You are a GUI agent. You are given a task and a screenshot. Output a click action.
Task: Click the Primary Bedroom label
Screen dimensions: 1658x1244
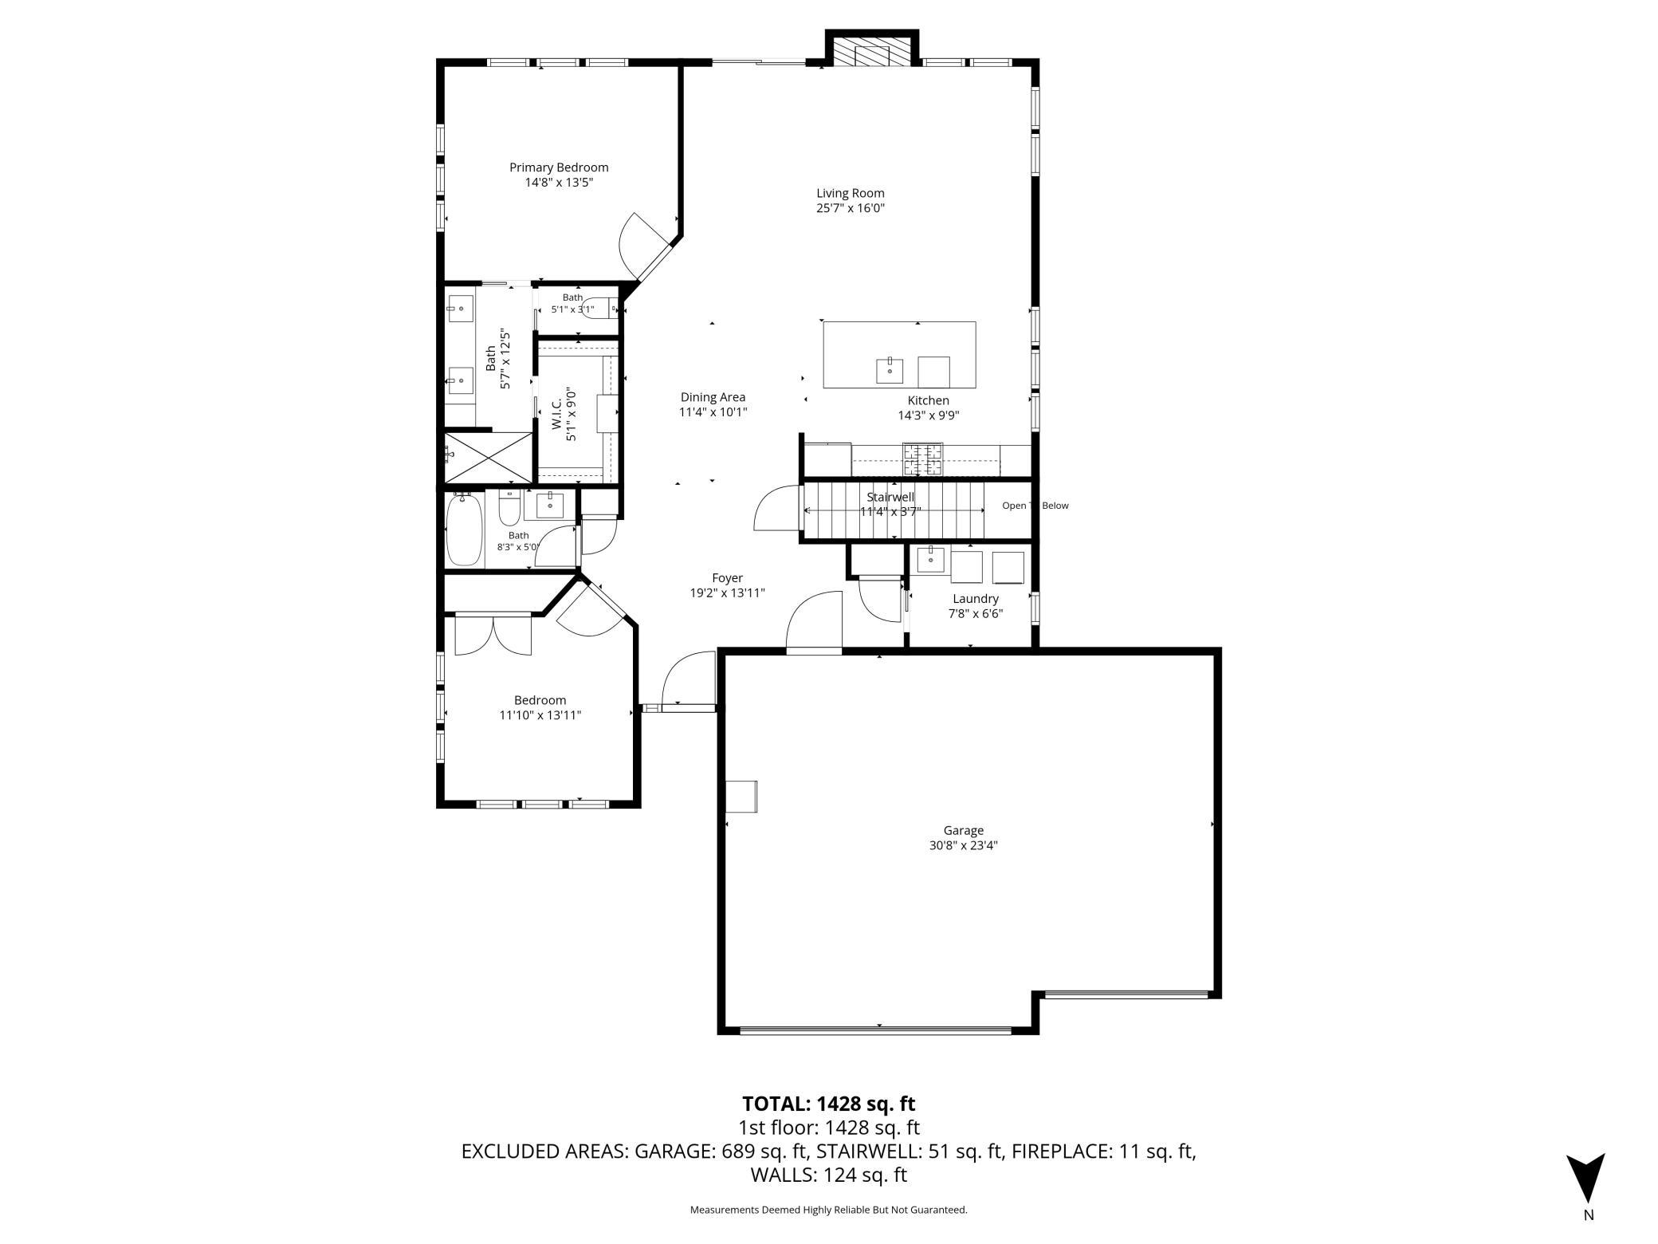click(559, 167)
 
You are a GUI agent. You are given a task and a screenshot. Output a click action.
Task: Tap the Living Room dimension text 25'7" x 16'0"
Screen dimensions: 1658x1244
click(850, 208)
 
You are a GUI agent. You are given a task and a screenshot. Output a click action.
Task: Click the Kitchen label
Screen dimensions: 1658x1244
click(929, 400)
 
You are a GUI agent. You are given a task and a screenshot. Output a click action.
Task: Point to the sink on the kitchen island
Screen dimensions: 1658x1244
click(890, 371)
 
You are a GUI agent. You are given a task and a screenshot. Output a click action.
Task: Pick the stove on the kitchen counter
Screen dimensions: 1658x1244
click(922, 459)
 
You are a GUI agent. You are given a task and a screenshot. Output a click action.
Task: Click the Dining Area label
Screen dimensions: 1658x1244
click(713, 397)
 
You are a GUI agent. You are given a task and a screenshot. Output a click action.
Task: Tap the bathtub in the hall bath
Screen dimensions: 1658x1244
click(464, 530)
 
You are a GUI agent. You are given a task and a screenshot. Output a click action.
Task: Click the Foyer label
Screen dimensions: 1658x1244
click(727, 578)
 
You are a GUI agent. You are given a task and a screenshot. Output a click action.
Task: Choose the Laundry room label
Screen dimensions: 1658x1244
click(976, 599)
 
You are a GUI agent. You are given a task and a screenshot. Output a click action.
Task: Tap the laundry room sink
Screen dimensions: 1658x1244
click(931, 560)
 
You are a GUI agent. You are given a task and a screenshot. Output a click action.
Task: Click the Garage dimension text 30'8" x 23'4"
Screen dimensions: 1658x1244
click(963, 845)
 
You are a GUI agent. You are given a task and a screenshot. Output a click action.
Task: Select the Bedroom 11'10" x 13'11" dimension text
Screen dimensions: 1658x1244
click(540, 715)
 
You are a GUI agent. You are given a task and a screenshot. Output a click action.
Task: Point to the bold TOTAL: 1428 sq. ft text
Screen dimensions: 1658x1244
click(829, 1104)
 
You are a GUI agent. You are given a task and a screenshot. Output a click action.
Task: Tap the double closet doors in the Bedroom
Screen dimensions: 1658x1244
click(493, 635)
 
